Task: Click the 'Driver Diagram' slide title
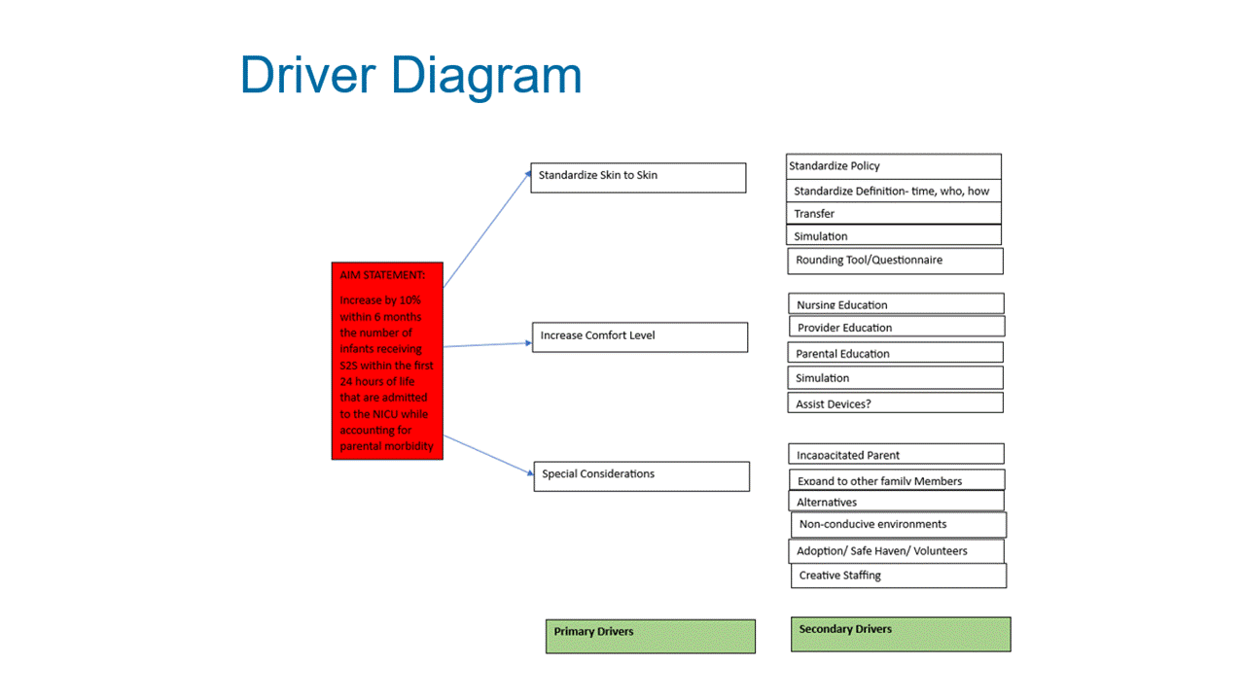click(410, 76)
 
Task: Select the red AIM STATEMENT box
click(387, 361)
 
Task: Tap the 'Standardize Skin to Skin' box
click(639, 178)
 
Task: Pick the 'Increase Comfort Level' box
click(640, 337)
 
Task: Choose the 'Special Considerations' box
click(642, 476)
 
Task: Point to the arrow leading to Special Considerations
click(488, 456)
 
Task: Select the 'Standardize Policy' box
click(894, 166)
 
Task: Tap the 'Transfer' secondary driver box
click(894, 213)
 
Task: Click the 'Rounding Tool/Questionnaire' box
click(896, 262)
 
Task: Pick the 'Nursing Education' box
click(897, 304)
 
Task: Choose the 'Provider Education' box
click(897, 327)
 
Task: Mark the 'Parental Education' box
click(896, 353)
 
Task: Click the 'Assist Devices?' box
click(896, 402)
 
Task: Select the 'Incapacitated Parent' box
click(897, 454)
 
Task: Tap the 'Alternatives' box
click(897, 501)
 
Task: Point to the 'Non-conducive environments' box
click(899, 525)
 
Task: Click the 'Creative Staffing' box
click(899, 576)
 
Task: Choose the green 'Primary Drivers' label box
click(651, 637)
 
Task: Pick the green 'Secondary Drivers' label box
click(901, 635)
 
